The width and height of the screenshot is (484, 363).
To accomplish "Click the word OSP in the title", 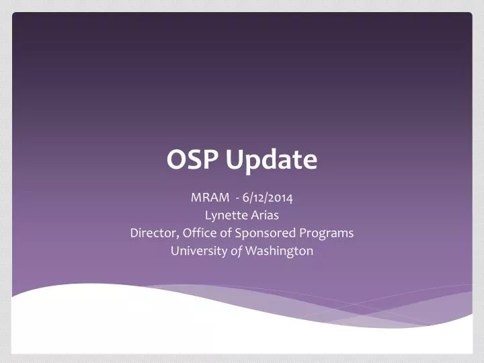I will point(194,160).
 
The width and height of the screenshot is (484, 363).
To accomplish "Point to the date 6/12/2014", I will point(268,198).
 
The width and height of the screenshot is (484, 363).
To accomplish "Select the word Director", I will point(153,233).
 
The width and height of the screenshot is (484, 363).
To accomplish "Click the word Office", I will point(198,233).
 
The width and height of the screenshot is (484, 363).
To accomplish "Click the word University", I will point(198,251).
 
